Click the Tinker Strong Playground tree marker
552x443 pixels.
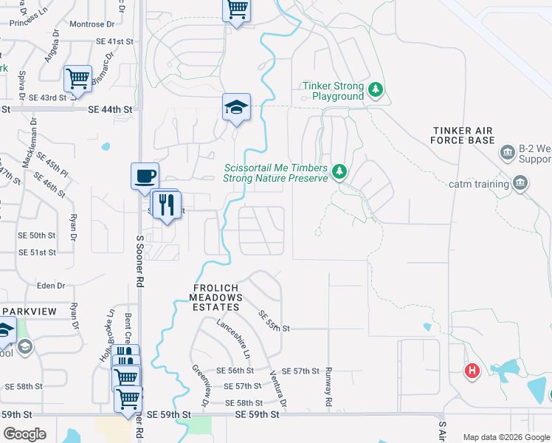[x=376, y=90]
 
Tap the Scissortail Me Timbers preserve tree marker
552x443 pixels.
[x=339, y=172]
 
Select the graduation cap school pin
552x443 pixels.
[x=237, y=107]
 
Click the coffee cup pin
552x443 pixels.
[x=145, y=176]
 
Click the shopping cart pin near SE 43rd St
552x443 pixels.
[x=77, y=78]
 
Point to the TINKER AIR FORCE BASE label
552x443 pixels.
[x=472, y=135]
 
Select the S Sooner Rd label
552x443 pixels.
[x=139, y=262]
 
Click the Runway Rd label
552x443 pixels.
[x=328, y=388]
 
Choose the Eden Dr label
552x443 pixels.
[x=51, y=286]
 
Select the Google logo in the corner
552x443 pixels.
[x=24, y=434]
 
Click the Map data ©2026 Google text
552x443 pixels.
[x=506, y=437]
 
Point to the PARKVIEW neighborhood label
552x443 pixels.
[x=29, y=312]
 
